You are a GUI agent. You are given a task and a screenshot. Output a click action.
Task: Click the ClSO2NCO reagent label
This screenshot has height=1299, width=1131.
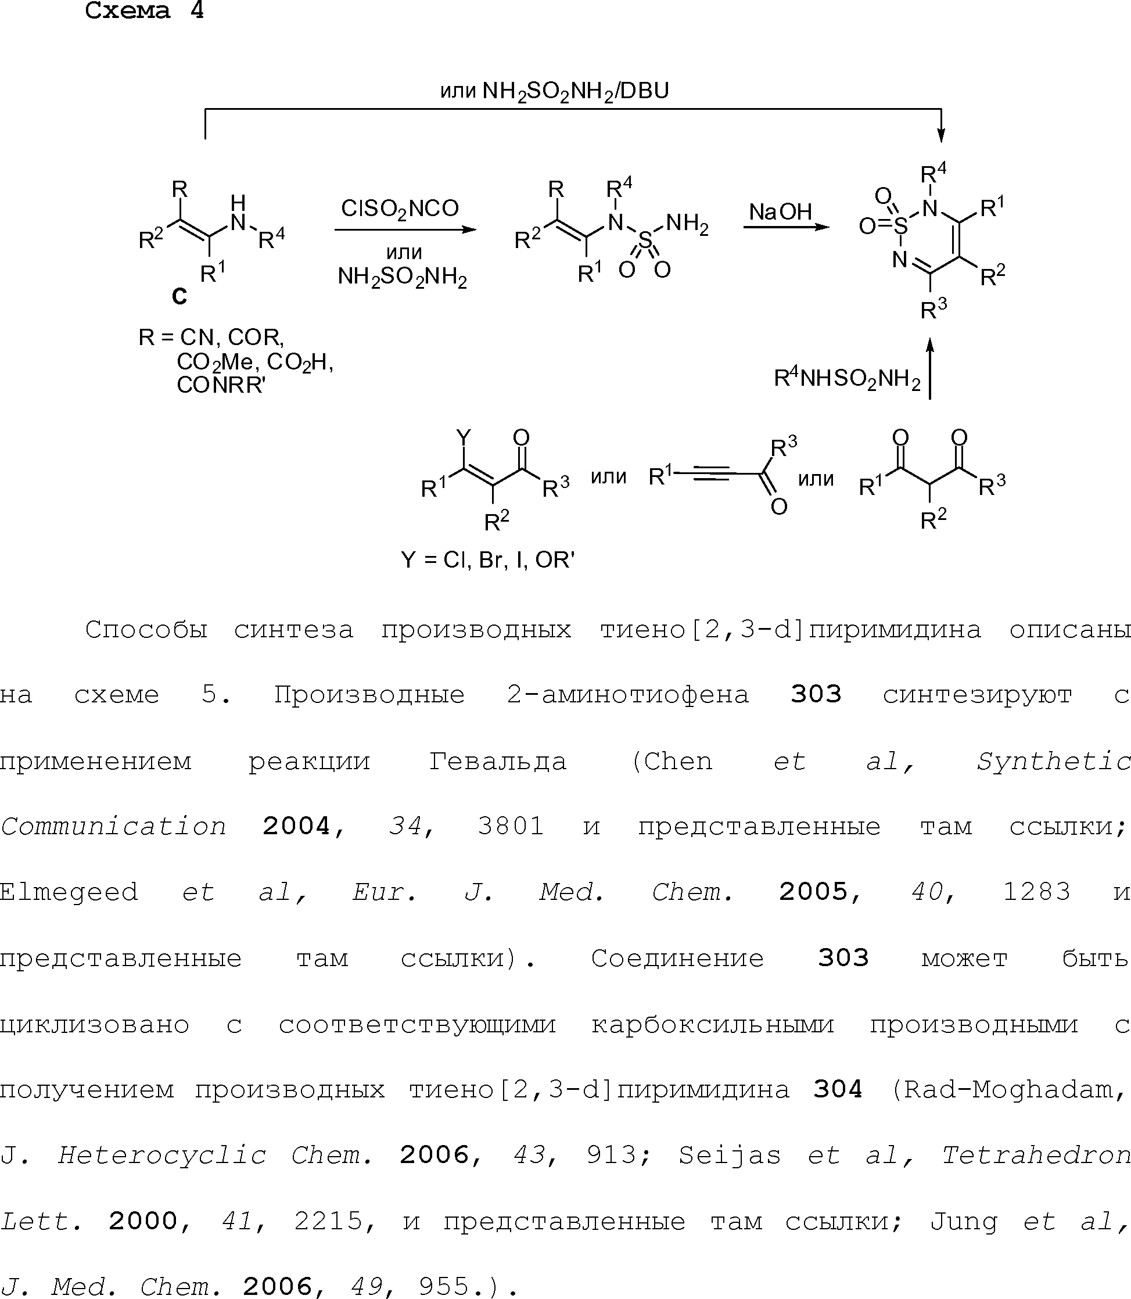point(400,209)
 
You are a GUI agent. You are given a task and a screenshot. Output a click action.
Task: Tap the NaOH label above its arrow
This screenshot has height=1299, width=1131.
point(780,212)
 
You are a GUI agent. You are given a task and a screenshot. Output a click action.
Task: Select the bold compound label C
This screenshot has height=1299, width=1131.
point(179,296)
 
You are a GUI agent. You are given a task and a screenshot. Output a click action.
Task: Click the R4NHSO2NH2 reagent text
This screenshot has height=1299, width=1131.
point(847,379)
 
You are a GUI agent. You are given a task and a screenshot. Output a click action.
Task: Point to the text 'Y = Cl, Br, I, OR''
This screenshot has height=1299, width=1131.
point(487,560)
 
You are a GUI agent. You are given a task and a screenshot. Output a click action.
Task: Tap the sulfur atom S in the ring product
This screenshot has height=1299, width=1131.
point(900,225)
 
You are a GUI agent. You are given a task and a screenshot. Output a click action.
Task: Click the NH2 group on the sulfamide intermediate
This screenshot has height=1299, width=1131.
point(687,224)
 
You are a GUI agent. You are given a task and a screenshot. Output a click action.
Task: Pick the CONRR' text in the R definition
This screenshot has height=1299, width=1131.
point(221,385)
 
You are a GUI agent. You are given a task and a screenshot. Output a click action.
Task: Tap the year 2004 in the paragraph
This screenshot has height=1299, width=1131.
point(297,826)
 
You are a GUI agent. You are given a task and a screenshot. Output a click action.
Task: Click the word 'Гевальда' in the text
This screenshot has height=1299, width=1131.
point(497,760)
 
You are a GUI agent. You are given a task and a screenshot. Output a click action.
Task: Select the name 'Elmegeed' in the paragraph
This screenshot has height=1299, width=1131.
point(69,891)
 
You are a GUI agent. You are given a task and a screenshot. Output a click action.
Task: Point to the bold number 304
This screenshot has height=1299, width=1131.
point(838,1089)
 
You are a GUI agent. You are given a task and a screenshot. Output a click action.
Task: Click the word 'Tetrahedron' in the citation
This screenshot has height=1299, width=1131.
point(1035,1155)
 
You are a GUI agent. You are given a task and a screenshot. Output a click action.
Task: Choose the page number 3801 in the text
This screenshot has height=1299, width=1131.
point(511,826)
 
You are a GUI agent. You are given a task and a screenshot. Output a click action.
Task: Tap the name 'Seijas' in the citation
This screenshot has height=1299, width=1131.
point(730,1155)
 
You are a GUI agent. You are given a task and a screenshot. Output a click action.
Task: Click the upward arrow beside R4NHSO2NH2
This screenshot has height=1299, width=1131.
point(929,369)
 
